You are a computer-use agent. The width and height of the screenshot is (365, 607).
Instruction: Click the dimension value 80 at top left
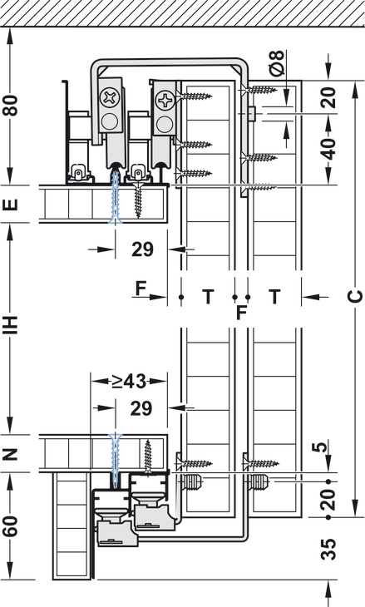[11, 106]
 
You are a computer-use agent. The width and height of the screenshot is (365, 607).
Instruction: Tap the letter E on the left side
[11, 205]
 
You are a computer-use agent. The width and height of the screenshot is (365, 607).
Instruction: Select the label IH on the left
[11, 325]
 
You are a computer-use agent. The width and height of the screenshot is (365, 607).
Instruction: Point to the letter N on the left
[11, 453]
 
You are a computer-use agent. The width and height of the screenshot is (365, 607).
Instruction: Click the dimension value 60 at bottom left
[11, 526]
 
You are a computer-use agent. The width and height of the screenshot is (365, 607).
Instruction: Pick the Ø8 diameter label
[277, 62]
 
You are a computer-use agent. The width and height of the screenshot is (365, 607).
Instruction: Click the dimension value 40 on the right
[329, 149]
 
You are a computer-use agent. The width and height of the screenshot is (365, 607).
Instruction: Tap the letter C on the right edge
[354, 297]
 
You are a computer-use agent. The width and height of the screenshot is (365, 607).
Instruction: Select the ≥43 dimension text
[129, 382]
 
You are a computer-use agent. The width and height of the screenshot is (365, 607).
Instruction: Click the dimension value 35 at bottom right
[329, 549]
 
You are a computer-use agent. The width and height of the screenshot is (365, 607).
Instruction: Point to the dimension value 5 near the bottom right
[321, 447]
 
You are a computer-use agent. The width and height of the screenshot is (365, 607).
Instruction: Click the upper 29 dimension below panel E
[142, 249]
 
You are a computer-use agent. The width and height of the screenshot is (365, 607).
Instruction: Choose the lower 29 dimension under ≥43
[141, 408]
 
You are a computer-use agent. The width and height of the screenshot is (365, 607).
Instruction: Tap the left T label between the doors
[208, 297]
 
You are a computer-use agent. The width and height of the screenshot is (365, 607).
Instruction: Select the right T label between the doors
[274, 297]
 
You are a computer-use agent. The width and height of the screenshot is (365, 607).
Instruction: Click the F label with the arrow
[141, 289]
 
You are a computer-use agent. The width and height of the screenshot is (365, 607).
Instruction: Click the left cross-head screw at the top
[110, 97]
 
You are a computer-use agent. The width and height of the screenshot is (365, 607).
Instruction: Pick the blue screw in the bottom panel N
[116, 459]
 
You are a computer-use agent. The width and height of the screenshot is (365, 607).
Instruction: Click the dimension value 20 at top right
[329, 97]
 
